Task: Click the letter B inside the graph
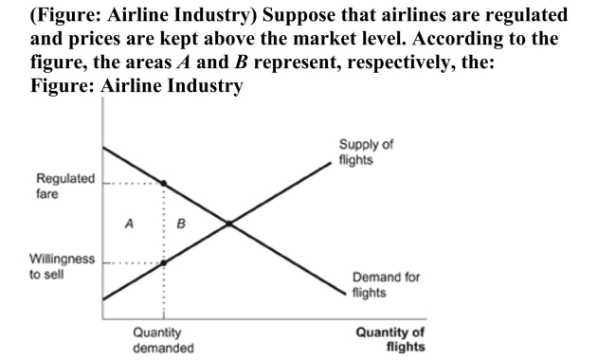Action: (x=181, y=225)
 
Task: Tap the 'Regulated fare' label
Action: (x=65, y=186)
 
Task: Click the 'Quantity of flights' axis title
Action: (x=390, y=339)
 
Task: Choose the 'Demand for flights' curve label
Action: (x=386, y=284)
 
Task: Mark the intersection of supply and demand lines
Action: (x=229, y=224)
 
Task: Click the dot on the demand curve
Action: (x=164, y=182)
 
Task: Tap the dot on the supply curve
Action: (x=164, y=262)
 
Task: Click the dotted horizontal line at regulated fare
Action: (x=133, y=182)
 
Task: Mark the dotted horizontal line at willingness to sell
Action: (x=133, y=262)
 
